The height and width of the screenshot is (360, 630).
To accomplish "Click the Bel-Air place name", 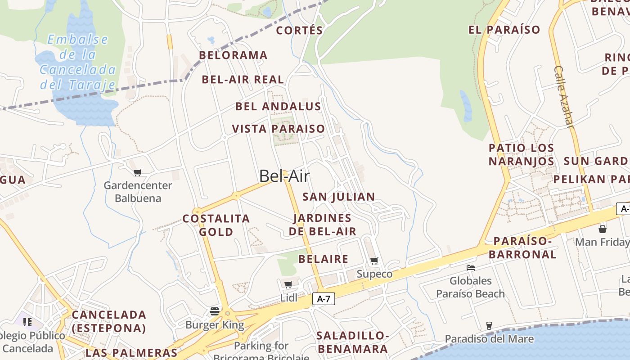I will pos(284,176).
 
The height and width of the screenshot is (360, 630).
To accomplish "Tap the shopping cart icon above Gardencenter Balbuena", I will pos(138,172).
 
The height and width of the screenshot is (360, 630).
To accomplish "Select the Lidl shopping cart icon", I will pos(288,284).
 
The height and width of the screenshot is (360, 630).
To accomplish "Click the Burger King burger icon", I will pos(215,311).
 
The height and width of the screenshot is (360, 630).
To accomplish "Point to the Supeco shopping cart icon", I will pos(374,261).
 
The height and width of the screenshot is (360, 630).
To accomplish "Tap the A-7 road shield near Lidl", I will pos(324,299).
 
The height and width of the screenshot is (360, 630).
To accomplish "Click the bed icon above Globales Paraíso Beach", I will pos(471,267).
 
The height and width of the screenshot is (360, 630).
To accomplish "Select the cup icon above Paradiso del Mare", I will pos(489,325).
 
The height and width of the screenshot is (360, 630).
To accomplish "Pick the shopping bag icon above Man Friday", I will pos(603,229).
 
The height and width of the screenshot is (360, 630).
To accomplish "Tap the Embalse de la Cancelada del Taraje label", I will pos(77,62).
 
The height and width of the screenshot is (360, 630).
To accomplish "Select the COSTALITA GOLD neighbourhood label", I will pos(216,225).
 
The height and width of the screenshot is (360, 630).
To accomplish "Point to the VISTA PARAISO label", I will pos(278,129).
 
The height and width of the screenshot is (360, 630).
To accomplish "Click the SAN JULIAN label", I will pos(338,197).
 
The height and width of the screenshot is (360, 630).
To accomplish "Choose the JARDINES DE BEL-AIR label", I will pos(322,225).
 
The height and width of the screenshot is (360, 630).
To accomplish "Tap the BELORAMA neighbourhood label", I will pos(233,55).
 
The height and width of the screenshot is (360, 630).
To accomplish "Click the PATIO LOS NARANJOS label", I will pos(521,154).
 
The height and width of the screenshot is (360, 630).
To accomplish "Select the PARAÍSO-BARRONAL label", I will pos(522,247).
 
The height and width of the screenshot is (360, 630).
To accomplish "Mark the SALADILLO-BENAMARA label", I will pos(352,342).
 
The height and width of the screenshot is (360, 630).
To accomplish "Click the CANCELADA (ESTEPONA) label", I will pos(109,321).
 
